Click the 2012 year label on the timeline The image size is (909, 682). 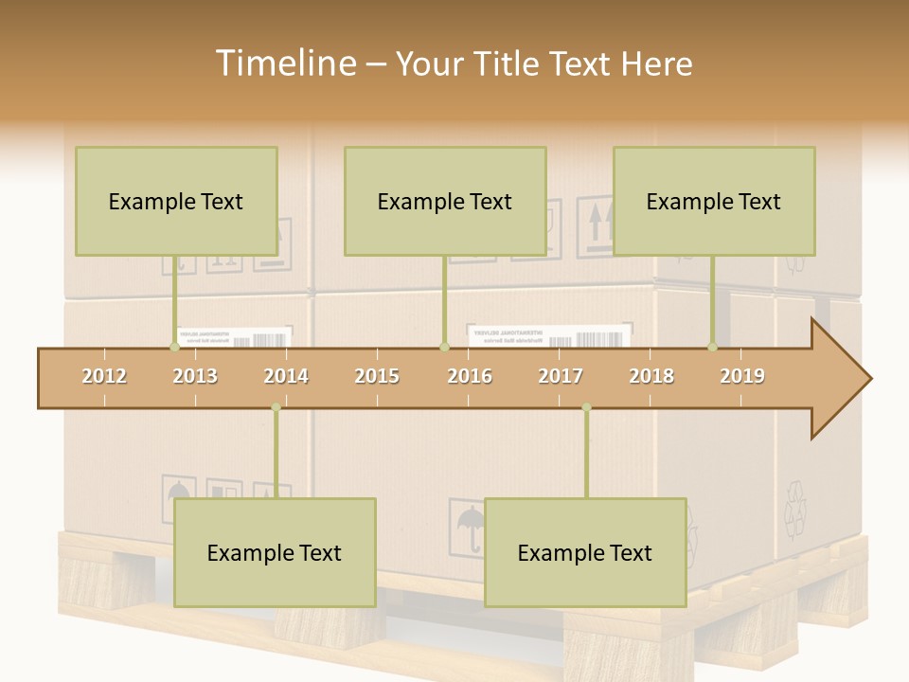point(104,376)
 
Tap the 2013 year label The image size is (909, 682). point(195,376)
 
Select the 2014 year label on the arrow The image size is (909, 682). point(286,376)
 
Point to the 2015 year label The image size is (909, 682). point(377,376)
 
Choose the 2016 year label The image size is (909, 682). point(470,376)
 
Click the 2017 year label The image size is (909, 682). point(561,376)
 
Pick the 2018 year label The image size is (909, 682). point(651,376)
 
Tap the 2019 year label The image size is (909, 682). point(742,376)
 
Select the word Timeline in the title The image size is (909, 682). point(284,63)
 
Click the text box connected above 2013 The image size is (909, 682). point(176,201)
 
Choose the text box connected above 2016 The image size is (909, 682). point(445,201)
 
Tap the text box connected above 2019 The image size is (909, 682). point(714,201)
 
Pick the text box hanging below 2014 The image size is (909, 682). point(275,552)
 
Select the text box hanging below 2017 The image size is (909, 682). point(585,552)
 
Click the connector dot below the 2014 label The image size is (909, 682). point(276,407)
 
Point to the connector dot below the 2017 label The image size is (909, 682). point(586,407)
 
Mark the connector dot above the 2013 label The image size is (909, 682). point(174,347)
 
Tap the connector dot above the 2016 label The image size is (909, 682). point(444,347)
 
